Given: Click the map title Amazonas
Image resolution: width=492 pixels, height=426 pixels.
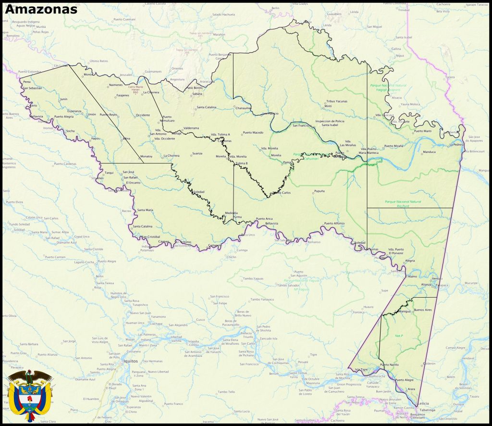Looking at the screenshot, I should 41,9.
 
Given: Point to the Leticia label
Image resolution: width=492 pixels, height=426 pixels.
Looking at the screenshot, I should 422,404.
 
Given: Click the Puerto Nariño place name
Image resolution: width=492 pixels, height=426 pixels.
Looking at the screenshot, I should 389,365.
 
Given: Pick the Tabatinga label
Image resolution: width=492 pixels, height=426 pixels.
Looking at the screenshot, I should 426,410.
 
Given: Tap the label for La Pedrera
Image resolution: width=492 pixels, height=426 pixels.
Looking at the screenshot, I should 456,144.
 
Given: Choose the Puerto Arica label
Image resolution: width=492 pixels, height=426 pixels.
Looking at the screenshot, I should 264,219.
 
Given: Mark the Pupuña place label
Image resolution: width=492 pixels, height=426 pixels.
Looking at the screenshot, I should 319,191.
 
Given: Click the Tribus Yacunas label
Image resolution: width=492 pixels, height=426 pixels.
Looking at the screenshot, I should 336,101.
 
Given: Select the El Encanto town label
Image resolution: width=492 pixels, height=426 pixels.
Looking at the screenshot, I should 133,183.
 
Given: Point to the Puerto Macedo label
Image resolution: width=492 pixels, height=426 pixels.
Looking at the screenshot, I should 253,132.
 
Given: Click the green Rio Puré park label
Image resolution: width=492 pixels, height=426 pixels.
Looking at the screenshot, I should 403,203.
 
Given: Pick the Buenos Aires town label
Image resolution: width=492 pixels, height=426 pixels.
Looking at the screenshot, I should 423,310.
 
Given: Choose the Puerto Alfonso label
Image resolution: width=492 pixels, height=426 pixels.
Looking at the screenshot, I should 334,223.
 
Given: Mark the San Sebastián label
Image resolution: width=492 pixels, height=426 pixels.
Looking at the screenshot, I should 32,88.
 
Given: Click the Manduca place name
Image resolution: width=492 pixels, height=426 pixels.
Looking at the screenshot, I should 429,152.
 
